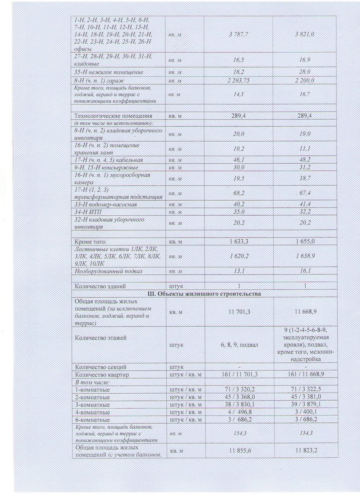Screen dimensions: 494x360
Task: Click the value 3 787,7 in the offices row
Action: pos(238,35)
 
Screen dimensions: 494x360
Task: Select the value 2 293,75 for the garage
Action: pos(238,81)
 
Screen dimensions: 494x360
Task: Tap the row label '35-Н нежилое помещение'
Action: pos(109,72)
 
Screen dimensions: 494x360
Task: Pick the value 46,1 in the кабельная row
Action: pos(238,160)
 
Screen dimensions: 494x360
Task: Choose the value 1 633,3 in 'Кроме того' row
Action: pos(238,242)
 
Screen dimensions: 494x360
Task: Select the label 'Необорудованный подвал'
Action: pos(108,271)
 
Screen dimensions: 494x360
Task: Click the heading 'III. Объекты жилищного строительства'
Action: pos(205,294)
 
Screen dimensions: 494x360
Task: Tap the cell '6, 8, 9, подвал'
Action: pos(238,345)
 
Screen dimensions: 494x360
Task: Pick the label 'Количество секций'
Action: pos(101,367)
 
